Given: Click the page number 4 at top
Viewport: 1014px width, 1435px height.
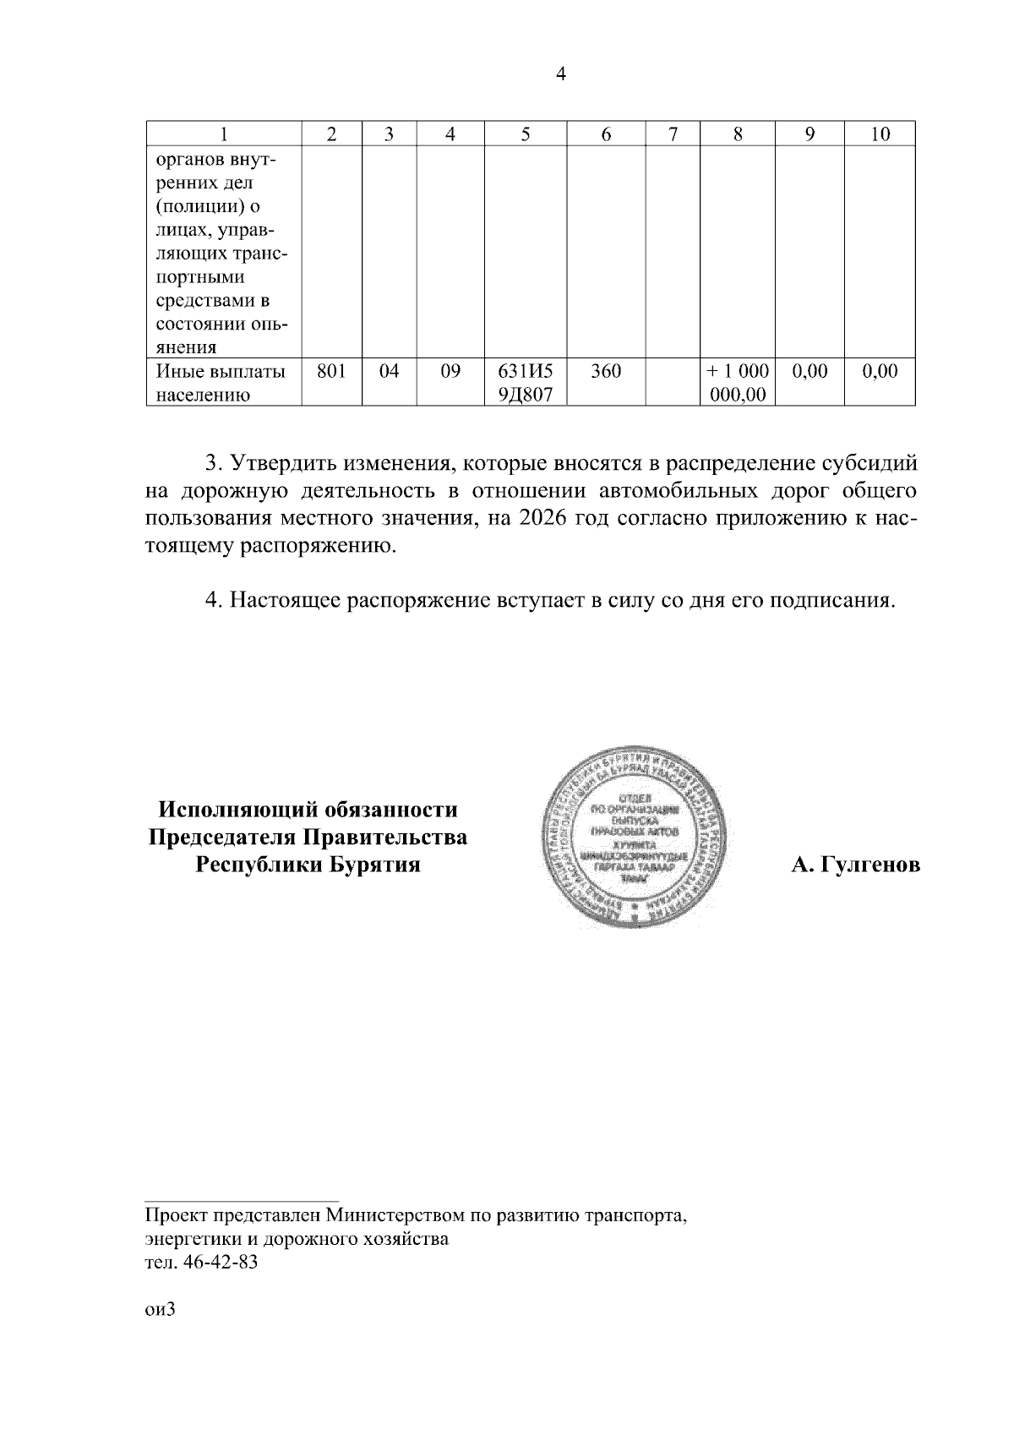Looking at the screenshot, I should [560, 74].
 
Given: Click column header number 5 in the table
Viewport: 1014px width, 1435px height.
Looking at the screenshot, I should [525, 134].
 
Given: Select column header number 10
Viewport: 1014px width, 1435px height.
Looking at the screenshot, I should [880, 134].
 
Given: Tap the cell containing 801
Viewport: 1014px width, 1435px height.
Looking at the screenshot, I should [331, 370].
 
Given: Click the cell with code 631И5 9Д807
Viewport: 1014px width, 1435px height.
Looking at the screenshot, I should [525, 382].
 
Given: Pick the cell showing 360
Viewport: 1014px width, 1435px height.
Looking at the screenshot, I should [605, 370].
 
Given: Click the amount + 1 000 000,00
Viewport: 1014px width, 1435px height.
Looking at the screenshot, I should [738, 382].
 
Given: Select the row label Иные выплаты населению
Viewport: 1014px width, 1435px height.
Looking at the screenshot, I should [221, 382].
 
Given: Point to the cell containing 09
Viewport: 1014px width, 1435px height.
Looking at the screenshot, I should [450, 370].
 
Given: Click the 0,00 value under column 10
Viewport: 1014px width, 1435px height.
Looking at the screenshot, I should [880, 370].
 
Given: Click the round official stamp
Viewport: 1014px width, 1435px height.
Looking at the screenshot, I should [634, 837].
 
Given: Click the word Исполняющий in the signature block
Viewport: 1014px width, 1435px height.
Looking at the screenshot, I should [239, 810].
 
